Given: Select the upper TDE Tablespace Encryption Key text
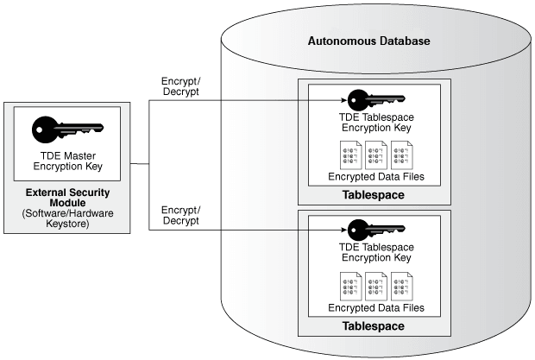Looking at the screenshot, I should [x=374, y=123].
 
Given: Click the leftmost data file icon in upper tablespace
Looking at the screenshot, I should [x=350, y=155].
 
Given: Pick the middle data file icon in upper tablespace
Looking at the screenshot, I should [x=375, y=155].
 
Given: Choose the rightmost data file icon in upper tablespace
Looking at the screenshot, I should [x=400, y=155].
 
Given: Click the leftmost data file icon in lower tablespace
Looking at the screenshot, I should [x=350, y=286].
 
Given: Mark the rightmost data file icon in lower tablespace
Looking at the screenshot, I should [x=400, y=286].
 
